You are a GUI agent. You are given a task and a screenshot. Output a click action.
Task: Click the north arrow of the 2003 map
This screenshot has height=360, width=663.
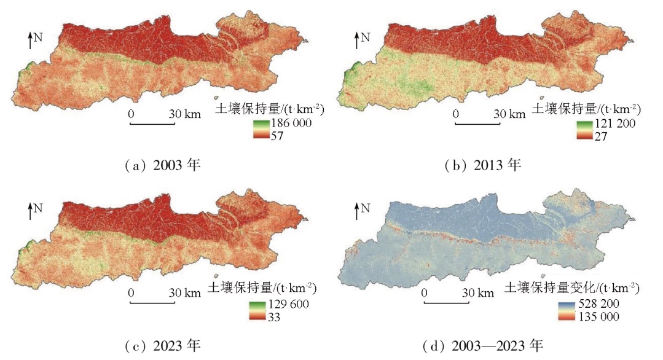[31, 42]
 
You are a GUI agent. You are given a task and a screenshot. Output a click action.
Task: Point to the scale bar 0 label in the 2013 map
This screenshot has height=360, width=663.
[455, 114]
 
